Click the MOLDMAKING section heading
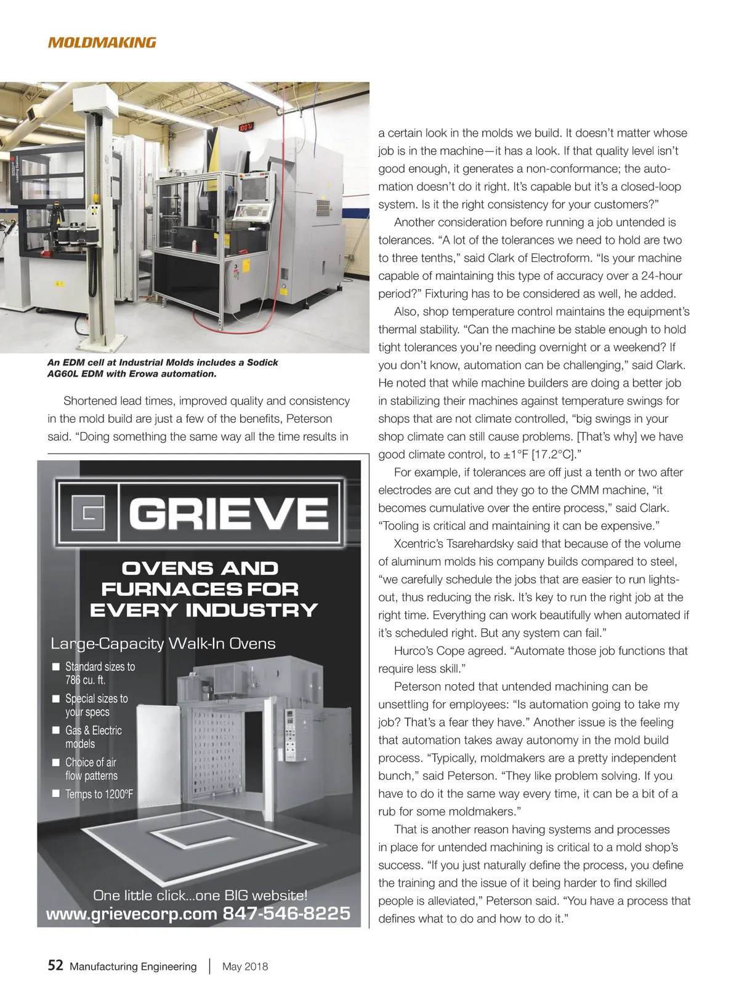102,42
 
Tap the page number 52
55,965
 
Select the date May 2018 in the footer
245,966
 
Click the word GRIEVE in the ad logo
228,513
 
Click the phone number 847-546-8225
286,913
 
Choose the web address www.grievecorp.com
131,914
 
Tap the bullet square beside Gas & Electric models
56,730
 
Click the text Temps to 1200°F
99,794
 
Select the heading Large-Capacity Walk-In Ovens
163,644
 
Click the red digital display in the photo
246,127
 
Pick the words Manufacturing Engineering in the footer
133,966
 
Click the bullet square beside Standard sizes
56,666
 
